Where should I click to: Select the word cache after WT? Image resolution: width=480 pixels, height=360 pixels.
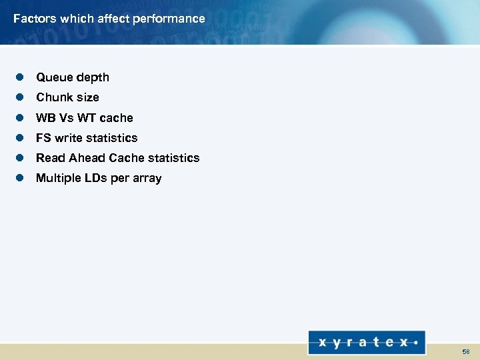(117, 118)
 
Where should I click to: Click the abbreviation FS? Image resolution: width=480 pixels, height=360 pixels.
(43, 138)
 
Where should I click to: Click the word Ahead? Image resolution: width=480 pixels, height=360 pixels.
(87, 158)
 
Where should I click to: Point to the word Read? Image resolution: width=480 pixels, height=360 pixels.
(51, 158)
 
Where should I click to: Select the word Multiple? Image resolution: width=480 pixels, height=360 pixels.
(58, 178)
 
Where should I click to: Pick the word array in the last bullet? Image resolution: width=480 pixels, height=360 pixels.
(147, 178)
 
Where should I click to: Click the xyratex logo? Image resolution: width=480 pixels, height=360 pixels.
(367, 343)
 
